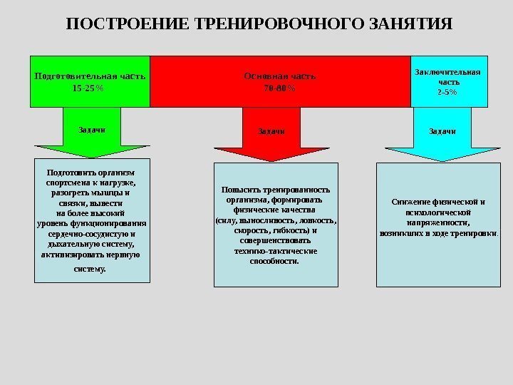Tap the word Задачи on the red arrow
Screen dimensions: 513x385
[273, 131]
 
